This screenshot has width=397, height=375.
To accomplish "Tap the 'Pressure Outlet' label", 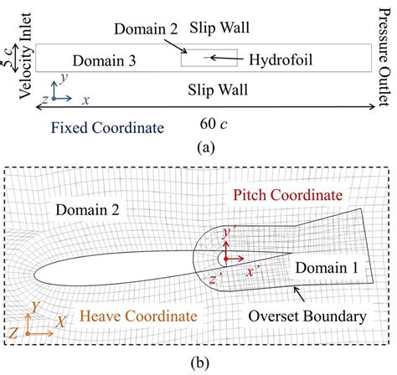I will [x=386, y=44].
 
